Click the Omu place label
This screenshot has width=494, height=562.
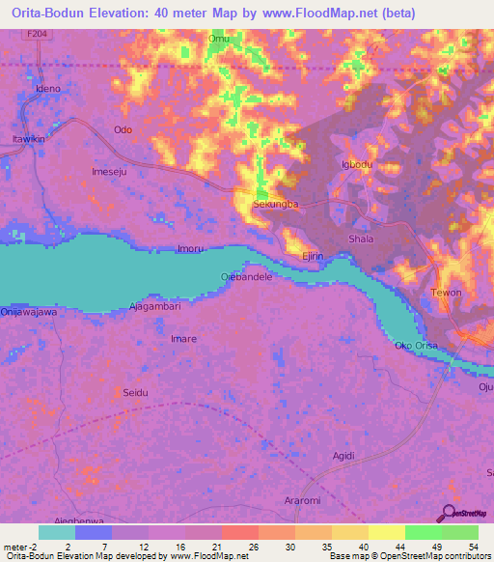coord(218,39)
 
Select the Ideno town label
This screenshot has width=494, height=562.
coord(48,89)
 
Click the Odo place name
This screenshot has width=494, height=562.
coord(123,129)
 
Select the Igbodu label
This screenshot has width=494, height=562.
coord(356,164)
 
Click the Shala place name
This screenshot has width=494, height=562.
coord(360,239)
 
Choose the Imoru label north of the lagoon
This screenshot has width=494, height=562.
coord(189,249)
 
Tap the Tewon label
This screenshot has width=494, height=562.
coord(446,293)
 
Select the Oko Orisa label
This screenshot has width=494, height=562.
coord(417,346)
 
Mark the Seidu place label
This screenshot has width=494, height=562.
coord(134,392)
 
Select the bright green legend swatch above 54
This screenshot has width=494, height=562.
coord(460,532)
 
